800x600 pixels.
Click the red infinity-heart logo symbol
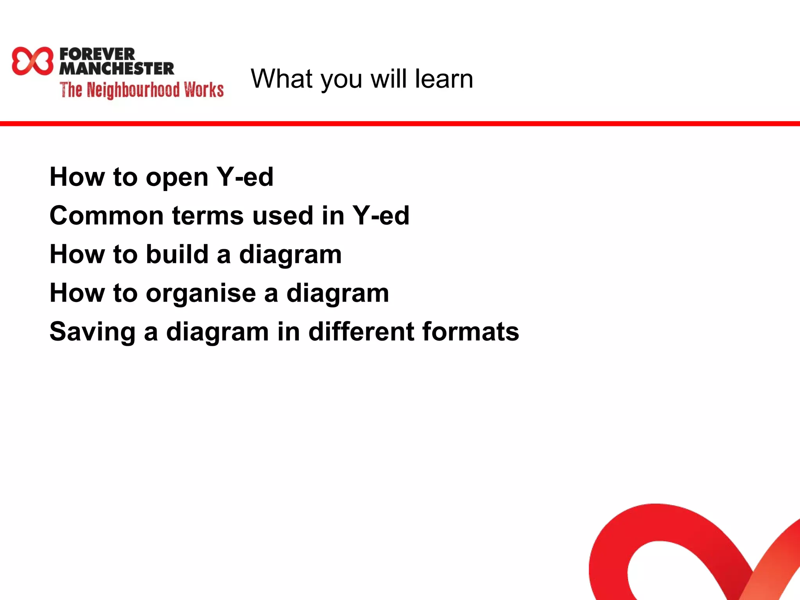coord(32,61)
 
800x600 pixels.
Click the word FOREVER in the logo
coord(97,54)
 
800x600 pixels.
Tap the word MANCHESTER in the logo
coord(116,69)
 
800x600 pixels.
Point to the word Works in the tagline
coord(204,89)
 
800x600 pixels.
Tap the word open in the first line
coord(177,178)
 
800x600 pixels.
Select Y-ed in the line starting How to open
coord(245,177)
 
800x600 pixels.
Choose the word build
coord(177,254)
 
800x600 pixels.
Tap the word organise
coord(201,294)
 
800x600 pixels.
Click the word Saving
coord(92,332)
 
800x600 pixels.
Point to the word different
coord(361,331)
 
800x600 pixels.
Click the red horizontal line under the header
coord(400,124)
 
